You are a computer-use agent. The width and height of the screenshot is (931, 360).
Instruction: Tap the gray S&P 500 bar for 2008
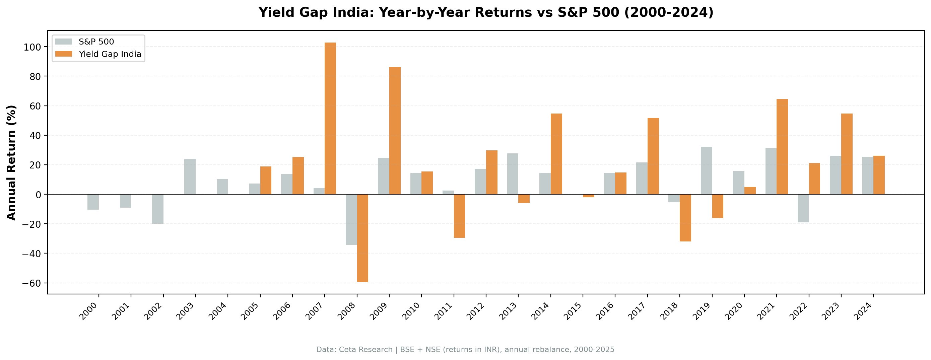point(351,219)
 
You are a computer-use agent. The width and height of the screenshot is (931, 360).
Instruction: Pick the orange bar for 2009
point(395,131)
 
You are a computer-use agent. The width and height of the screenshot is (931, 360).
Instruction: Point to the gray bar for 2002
point(157,209)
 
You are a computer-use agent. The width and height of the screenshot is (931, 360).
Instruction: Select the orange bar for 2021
point(782,147)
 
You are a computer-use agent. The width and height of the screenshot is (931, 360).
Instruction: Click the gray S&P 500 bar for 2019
point(706,170)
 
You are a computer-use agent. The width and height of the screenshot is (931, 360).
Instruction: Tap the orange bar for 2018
point(685,218)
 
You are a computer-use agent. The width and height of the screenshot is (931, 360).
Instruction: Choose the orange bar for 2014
point(556,154)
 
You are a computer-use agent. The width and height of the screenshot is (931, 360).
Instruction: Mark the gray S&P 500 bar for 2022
point(803,208)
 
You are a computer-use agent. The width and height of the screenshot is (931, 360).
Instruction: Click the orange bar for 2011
point(459,216)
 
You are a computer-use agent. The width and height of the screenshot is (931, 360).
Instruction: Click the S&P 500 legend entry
point(96,42)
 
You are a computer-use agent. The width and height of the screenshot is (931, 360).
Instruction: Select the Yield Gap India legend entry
point(110,54)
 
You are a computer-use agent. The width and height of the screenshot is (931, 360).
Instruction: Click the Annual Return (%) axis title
point(12,162)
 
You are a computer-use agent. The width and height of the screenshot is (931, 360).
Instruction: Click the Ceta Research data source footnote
point(465,350)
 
